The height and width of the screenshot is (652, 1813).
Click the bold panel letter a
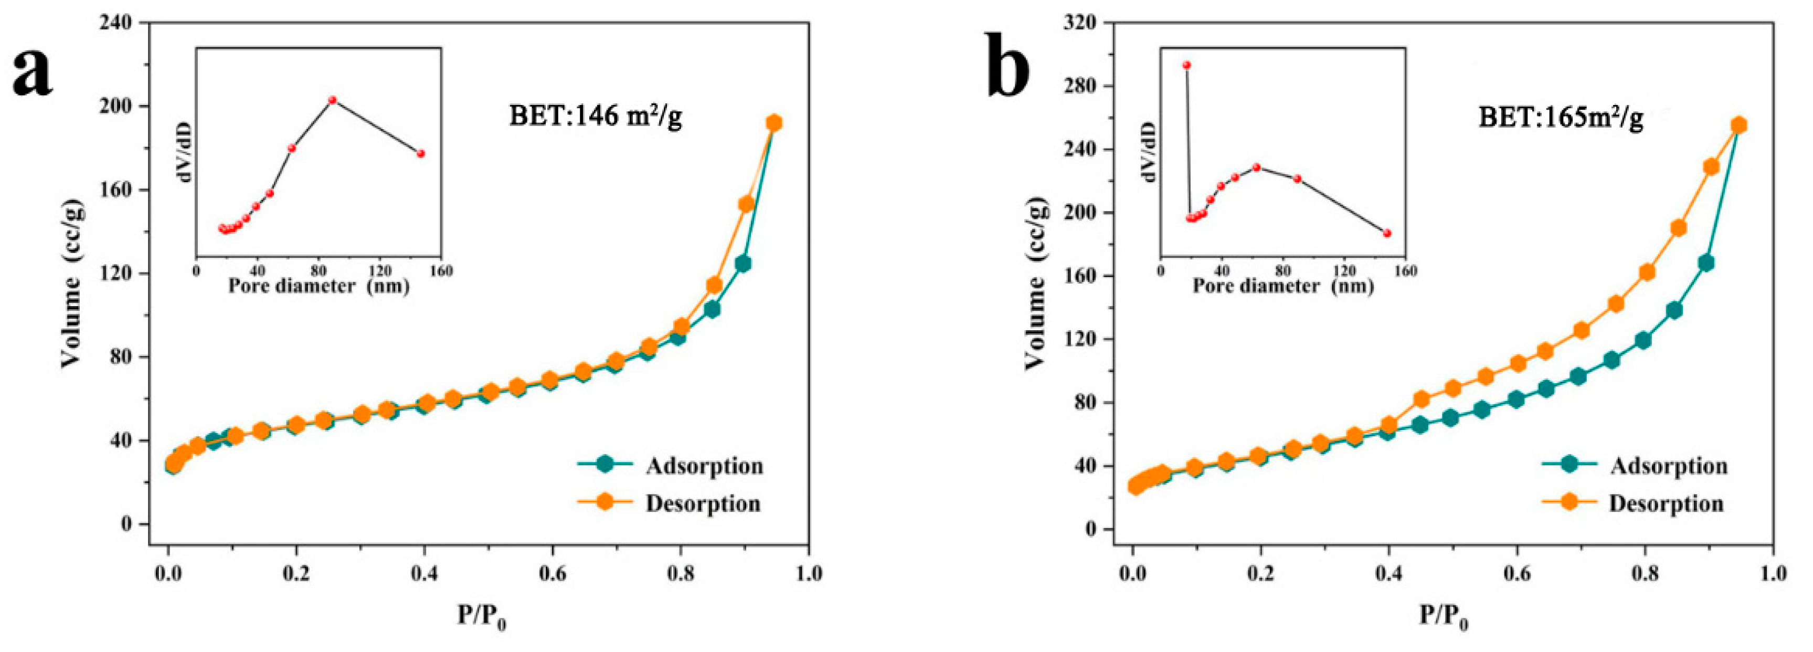pyautogui.click(x=33, y=74)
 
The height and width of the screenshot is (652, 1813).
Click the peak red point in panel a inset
pyautogui.click(x=332, y=99)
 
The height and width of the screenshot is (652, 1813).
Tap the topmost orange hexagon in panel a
pyautogui.click(x=774, y=123)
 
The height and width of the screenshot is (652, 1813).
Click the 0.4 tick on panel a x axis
pyautogui.click(x=423, y=573)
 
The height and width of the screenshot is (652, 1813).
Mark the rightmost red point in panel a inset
pyautogui.click(x=421, y=153)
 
